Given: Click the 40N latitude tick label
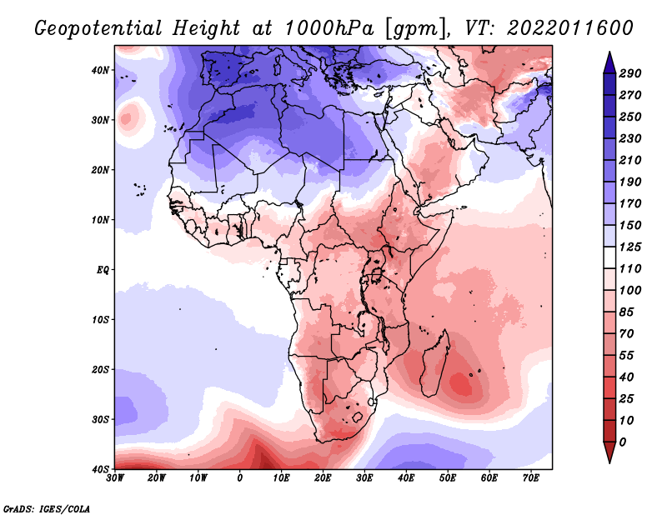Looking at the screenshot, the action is click(x=100, y=70).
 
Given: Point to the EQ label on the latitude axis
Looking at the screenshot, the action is click(x=103, y=270).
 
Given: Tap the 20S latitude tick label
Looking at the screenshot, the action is click(x=100, y=369).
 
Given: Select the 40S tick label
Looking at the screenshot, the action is click(x=100, y=469).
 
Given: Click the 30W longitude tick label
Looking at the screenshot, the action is click(x=115, y=478).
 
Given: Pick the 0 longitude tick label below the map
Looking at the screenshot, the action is click(x=240, y=478).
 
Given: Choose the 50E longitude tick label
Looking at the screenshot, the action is click(x=448, y=478).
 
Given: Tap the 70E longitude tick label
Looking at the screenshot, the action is click(x=531, y=478).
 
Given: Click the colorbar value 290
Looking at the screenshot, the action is click(x=630, y=73).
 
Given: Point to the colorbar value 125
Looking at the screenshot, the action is click(x=630, y=247).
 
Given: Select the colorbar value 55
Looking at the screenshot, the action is click(x=627, y=356).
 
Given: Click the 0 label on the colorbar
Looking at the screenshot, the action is click(x=623, y=442).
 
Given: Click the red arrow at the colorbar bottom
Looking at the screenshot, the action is click(x=609, y=452).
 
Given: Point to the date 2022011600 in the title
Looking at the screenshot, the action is click(x=570, y=28).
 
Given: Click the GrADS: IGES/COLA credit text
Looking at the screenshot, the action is click(x=47, y=509).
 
